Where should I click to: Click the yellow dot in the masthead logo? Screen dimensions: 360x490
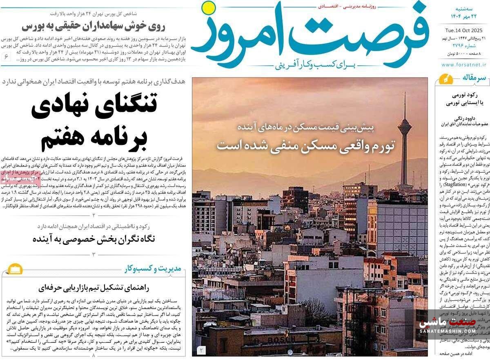coord(209,7)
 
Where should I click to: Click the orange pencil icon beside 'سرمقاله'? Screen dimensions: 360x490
coord(444,79)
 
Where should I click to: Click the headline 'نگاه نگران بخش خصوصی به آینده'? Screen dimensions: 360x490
coord(94,239)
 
